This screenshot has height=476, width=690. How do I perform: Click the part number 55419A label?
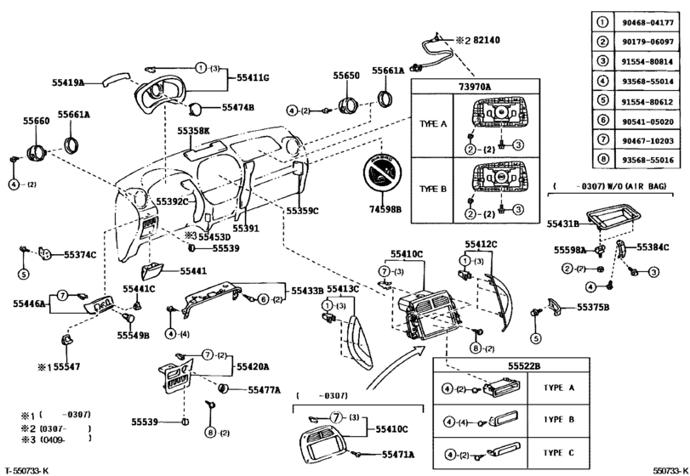coord(67,82)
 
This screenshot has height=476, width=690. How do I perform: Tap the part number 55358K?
coord(193,132)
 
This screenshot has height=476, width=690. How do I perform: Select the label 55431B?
coord(562,223)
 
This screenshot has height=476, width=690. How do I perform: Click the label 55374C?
coord(80,254)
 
